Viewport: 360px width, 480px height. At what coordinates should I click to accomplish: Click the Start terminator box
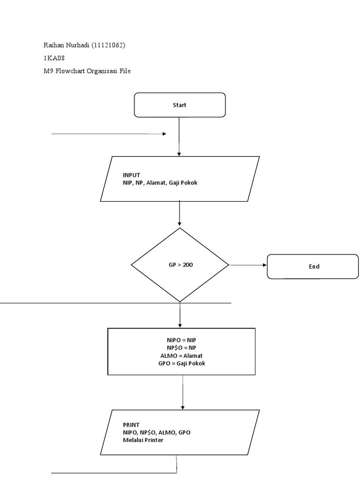click(180, 105)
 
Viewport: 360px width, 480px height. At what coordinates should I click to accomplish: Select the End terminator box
click(313, 266)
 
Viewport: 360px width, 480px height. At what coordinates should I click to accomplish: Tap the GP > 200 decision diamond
click(180, 265)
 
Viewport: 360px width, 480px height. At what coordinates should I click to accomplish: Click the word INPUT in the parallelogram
click(131, 175)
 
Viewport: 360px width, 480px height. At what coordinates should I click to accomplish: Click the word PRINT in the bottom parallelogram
click(131, 425)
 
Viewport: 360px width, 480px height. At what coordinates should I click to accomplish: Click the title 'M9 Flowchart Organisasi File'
click(87, 71)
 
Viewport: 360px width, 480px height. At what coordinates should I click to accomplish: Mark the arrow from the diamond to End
click(247, 265)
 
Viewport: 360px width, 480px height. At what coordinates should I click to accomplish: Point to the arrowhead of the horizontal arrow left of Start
click(164, 134)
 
